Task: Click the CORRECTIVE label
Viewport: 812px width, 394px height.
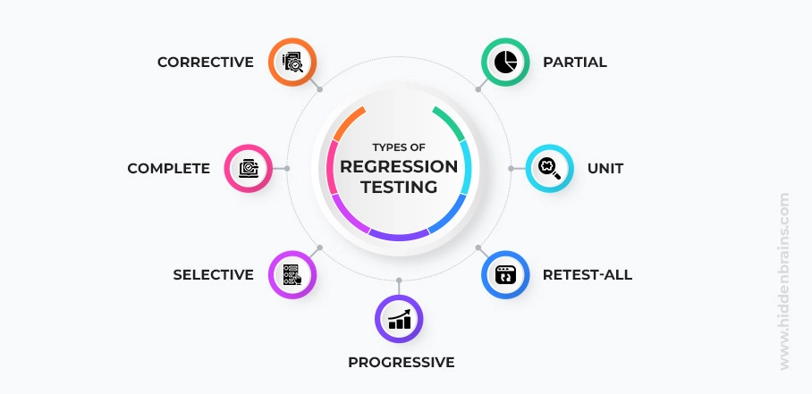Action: [205, 63]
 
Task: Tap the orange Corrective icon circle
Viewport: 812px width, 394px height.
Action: [293, 63]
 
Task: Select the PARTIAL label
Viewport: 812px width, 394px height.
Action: [574, 63]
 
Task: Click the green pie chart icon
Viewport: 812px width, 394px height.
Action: [505, 63]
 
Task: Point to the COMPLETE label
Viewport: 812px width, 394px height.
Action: [168, 168]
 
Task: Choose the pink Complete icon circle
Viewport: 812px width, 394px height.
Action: [248, 168]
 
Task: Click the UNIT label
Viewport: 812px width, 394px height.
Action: [605, 168]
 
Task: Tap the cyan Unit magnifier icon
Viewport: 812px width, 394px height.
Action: [548, 168]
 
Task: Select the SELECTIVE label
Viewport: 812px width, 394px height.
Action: [213, 274]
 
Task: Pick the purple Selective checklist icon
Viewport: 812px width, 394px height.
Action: [292, 274]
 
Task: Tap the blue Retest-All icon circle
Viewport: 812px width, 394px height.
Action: [506, 274]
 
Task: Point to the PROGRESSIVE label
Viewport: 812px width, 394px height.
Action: [401, 362]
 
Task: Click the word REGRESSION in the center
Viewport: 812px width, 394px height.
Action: [399, 167]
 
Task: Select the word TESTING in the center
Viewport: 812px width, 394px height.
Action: [399, 187]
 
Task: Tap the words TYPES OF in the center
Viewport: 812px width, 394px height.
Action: [399, 147]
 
